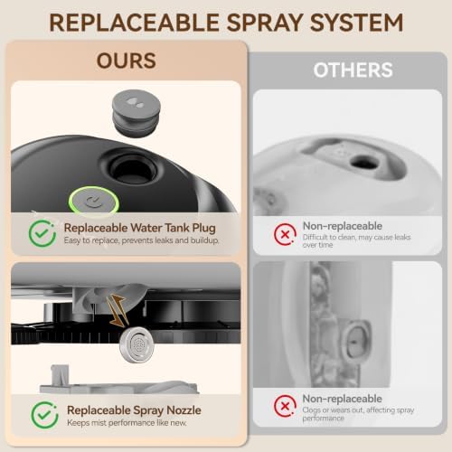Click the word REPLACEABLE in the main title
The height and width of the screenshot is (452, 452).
coord(134,23)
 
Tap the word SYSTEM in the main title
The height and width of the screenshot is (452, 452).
coord(356,23)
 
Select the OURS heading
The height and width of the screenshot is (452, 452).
coord(127,61)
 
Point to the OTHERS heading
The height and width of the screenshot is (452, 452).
coord(353,70)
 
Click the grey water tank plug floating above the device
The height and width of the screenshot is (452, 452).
coord(137,112)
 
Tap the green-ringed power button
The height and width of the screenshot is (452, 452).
coord(94,200)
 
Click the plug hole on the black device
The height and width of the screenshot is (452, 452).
coord(133,169)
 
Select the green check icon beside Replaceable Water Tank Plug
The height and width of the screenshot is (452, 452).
coord(42,233)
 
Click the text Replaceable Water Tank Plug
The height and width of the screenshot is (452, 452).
coord(140,228)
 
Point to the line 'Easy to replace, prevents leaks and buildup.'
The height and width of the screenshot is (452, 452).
coord(141,240)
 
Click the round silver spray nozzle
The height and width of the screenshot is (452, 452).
coord(137,344)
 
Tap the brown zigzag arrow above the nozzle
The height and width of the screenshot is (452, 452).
coord(117,310)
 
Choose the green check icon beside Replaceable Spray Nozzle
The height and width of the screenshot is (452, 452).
coord(44,415)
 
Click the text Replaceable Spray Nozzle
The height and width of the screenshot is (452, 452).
coord(134,410)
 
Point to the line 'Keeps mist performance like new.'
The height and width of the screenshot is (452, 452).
coord(127,423)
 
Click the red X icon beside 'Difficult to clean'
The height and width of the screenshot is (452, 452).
coord(285,234)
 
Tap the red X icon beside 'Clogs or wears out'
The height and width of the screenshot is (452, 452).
coord(285,406)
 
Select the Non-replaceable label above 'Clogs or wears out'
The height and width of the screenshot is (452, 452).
coord(343,399)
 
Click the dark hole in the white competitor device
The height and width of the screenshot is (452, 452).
coord(364,162)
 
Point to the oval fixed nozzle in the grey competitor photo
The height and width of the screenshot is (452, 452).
coord(356,342)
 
